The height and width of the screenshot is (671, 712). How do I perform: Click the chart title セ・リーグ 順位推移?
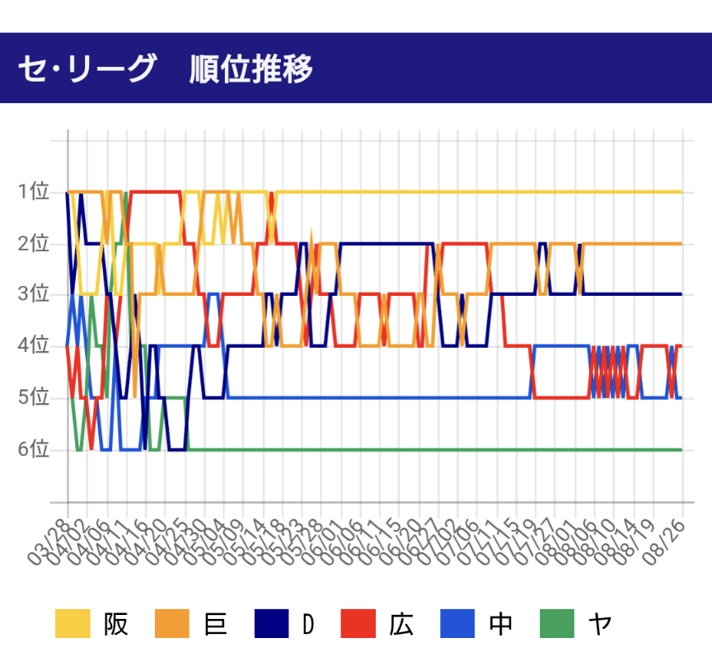click(x=165, y=69)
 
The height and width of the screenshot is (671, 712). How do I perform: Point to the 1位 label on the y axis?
click(x=34, y=192)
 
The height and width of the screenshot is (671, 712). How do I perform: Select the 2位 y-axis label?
click(x=34, y=243)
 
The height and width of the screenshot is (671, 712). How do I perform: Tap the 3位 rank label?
click(x=34, y=294)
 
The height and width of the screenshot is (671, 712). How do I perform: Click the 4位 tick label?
click(x=34, y=346)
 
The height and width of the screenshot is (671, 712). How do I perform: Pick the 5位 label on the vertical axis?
click(x=34, y=397)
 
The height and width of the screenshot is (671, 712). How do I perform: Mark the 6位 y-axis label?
click(x=34, y=449)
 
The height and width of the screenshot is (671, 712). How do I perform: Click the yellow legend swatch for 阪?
click(x=73, y=624)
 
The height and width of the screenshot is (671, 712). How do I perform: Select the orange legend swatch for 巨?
click(x=172, y=624)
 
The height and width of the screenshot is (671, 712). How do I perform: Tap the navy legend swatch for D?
click(x=271, y=624)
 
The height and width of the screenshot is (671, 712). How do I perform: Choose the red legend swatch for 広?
click(x=358, y=624)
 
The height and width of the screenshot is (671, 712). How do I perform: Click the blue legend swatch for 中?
click(x=457, y=624)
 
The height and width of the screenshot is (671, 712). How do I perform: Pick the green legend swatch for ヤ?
click(x=557, y=624)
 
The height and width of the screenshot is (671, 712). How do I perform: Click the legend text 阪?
click(x=115, y=624)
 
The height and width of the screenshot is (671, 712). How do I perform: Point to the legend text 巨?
click(x=214, y=624)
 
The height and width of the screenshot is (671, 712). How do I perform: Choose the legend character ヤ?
click(x=599, y=624)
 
